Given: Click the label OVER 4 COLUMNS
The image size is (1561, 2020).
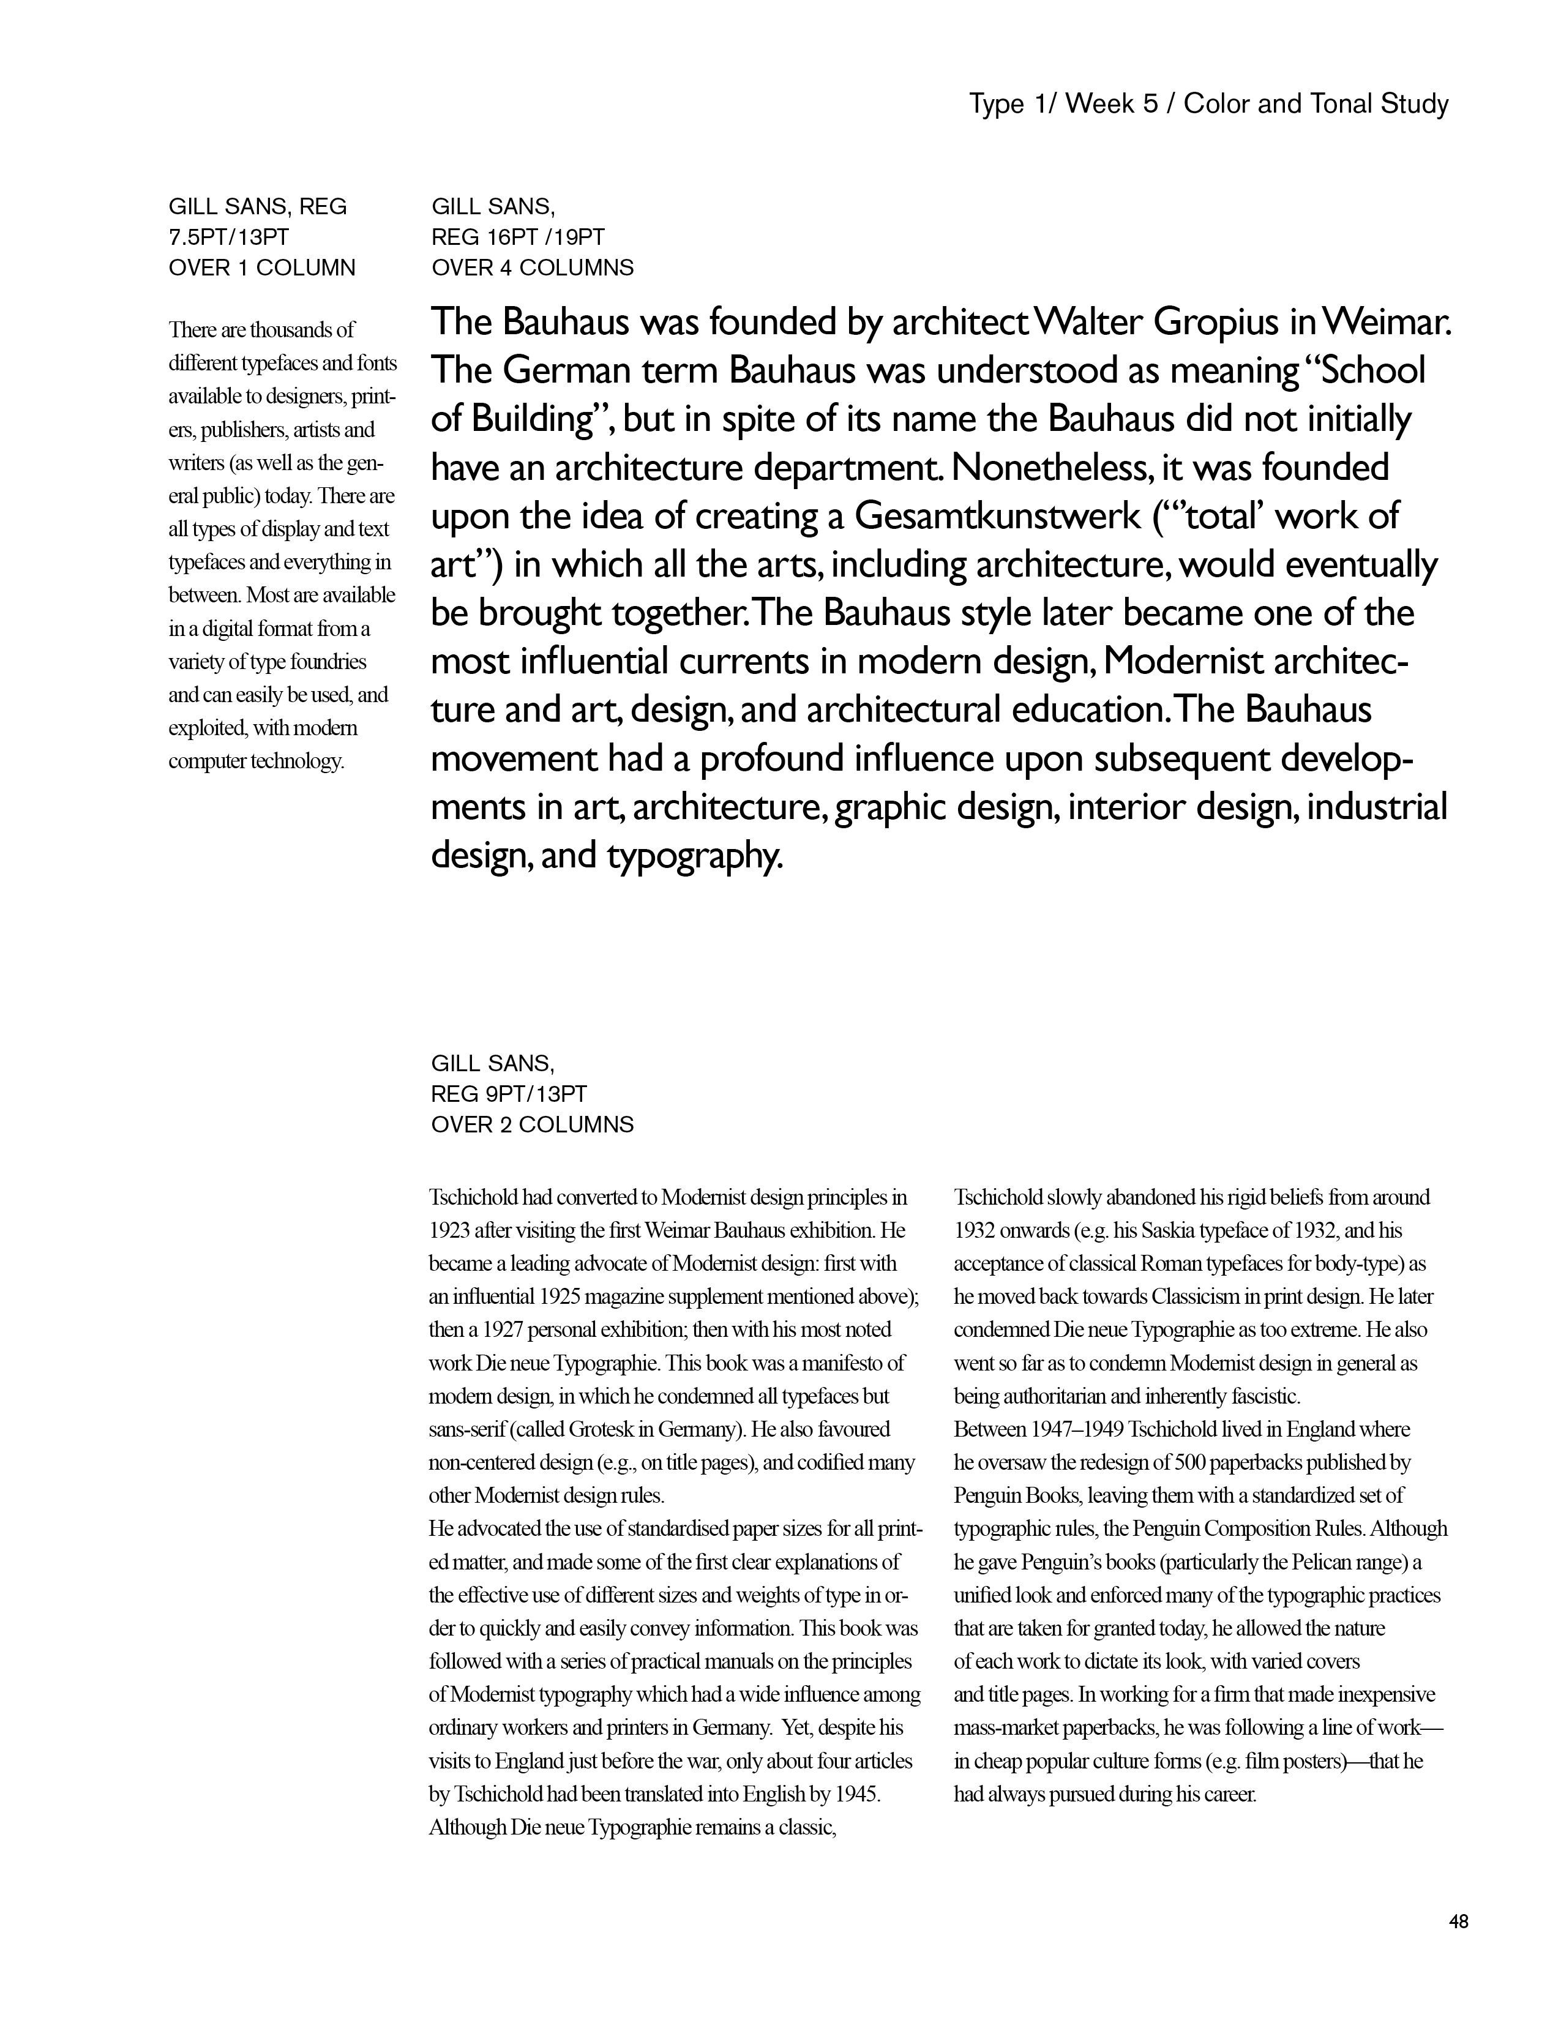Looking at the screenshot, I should (x=532, y=268).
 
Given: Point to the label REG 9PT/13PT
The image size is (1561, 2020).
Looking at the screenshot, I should (x=509, y=1094).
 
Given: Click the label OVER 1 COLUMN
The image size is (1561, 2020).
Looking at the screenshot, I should (x=262, y=268).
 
